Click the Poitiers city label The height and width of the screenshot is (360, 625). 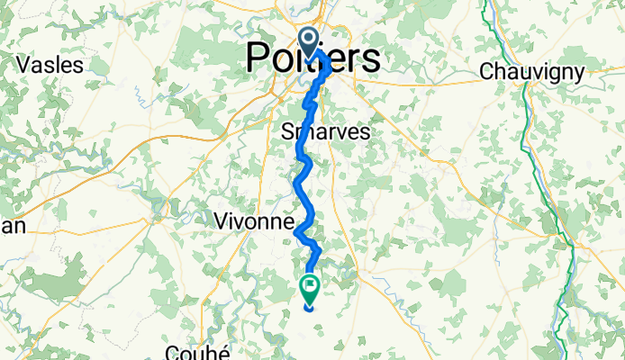[312, 58]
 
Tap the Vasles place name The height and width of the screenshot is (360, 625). [50, 65]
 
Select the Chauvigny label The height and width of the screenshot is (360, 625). [532, 70]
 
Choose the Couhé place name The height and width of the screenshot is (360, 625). [199, 351]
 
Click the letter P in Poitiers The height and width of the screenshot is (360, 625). [258, 58]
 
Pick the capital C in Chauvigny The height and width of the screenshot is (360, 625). [488, 70]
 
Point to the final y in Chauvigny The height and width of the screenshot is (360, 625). [578, 72]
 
